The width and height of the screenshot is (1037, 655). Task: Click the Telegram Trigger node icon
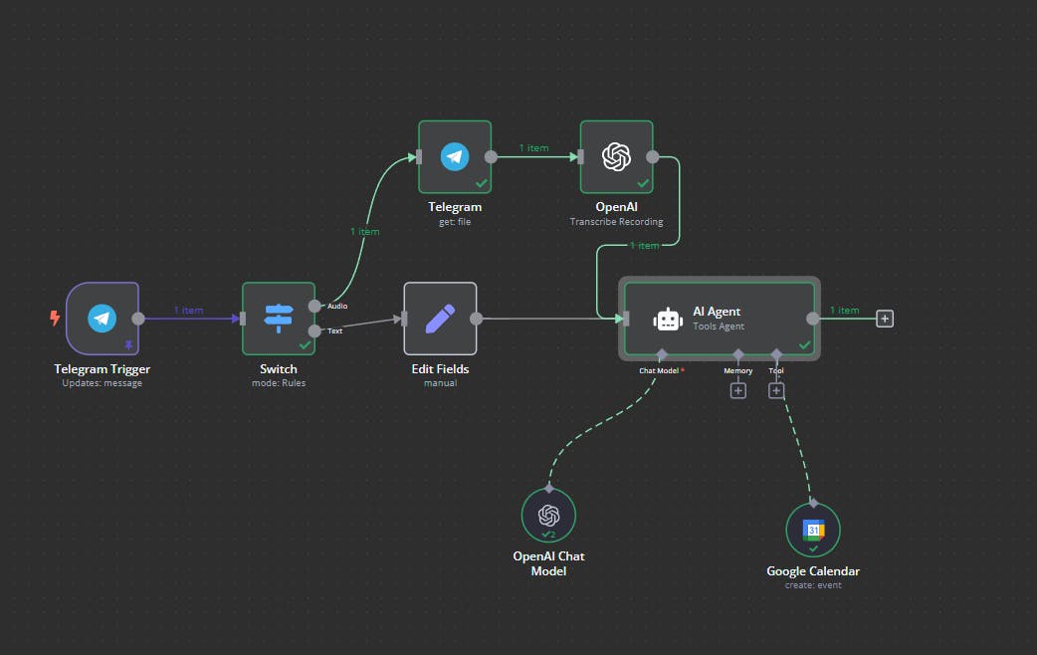coord(102,319)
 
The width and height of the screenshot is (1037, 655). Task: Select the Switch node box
coord(278,319)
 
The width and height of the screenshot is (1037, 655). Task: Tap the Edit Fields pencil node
coord(440,319)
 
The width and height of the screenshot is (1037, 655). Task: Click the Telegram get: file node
coord(455,156)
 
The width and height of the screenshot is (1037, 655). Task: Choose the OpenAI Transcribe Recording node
coord(616,156)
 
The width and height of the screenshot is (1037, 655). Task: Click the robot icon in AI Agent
coord(667,319)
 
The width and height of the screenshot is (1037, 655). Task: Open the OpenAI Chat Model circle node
coord(548,516)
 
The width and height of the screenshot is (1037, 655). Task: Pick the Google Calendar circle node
coord(813,531)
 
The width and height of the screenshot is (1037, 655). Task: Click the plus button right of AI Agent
coord(885,319)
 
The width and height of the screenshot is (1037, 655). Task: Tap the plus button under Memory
coord(738,391)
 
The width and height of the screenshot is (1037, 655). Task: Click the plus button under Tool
coord(776,391)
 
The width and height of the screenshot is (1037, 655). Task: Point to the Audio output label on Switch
coord(337,306)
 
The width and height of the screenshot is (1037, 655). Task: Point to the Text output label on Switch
coord(335,330)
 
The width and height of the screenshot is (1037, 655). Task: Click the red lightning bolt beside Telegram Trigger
coord(55,319)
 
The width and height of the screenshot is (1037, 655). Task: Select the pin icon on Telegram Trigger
coord(127,345)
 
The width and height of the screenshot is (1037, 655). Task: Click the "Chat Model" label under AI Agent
coord(660,371)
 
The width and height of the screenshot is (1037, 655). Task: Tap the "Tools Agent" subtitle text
coord(719,327)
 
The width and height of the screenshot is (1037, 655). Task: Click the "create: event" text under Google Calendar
coord(813,585)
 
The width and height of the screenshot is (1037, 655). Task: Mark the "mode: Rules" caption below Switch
coord(278,383)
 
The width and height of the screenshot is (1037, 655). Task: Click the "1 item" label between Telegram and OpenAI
coord(533,148)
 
